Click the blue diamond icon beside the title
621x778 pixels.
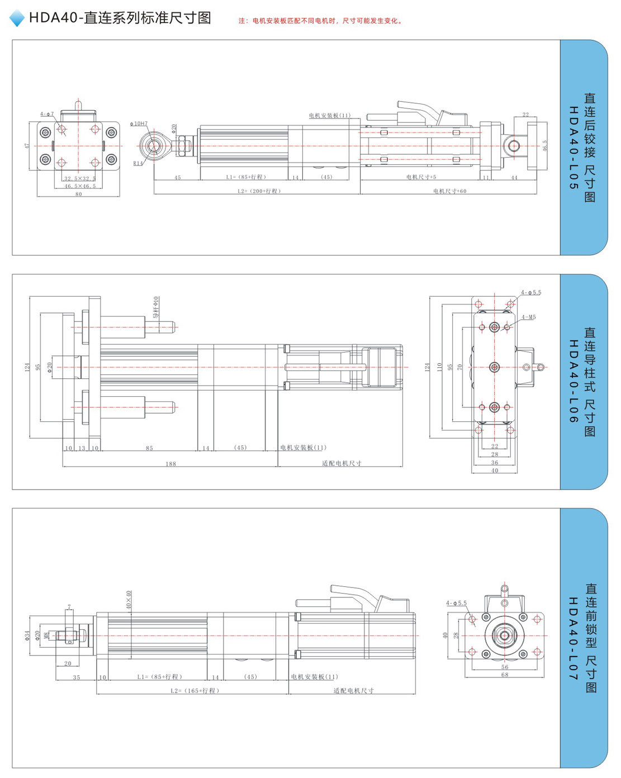[17, 18]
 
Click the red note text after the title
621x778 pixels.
[320, 21]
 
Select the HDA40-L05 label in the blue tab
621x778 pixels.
[573, 148]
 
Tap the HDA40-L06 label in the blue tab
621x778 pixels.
[573, 381]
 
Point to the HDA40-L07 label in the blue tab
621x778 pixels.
[573, 638]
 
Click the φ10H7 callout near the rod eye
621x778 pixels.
[139, 124]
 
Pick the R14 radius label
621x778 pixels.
[138, 163]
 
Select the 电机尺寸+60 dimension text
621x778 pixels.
[449, 191]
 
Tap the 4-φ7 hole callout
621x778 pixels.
[47, 114]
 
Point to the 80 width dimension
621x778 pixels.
[78, 194]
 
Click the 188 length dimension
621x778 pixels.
[170, 464]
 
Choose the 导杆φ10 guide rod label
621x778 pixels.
[156, 308]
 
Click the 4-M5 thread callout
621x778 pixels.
[528, 317]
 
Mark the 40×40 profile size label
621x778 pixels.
[129, 599]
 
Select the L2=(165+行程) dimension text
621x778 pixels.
[195, 691]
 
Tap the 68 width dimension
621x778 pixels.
[505, 675]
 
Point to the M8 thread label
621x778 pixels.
[47, 635]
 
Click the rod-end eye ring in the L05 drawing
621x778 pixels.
[153, 146]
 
